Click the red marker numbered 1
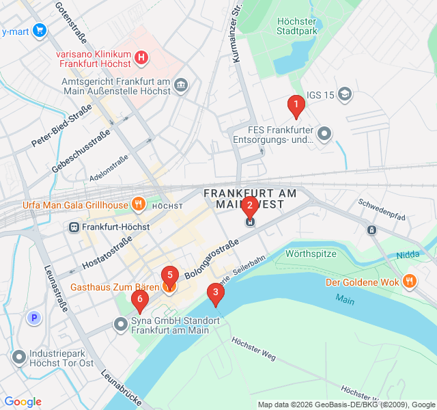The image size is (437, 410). click(296, 106)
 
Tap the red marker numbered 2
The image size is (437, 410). click(250, 206)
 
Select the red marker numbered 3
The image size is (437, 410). click(216, 294)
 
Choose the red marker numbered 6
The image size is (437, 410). click(140, 299)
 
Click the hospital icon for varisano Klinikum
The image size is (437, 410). click(141, 57)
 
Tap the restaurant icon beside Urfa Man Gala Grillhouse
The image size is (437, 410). click(139, 203)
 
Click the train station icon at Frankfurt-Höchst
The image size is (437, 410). click(73, 227)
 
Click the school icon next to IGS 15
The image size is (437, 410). click(346, 94)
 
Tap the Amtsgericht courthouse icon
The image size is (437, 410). click(181, 84)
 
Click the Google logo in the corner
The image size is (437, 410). click(23, 402)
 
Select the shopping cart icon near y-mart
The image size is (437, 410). click(39, 30)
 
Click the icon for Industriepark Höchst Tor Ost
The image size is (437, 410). click(18, 356)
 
